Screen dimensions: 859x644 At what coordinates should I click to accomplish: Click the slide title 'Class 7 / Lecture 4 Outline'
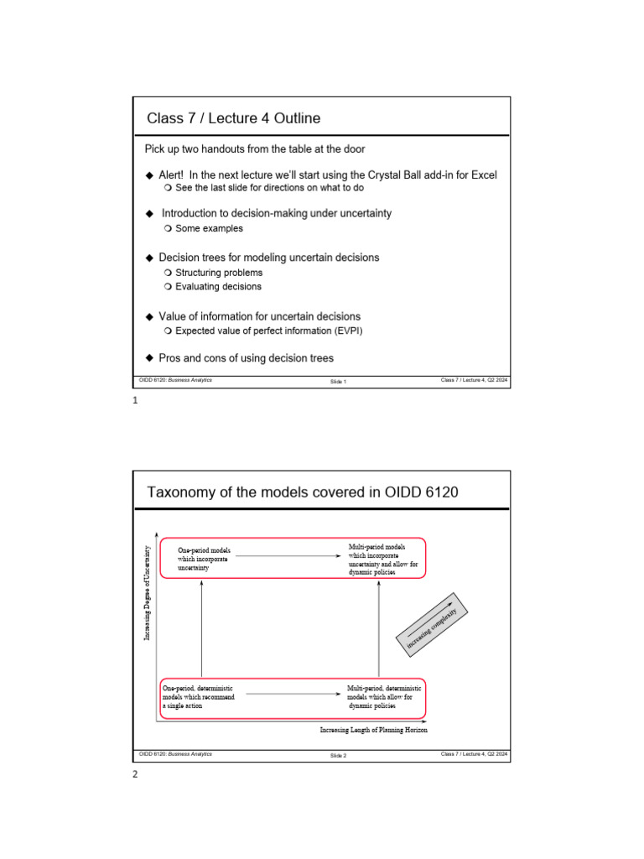click(233, 118)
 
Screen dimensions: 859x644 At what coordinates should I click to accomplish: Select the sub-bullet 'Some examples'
click(209, 228)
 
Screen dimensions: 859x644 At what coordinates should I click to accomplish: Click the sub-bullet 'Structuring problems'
click(218, 273)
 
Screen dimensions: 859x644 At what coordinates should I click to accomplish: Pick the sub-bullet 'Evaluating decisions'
click(218, 287)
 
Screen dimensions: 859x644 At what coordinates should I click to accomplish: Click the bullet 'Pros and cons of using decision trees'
click(246, 358)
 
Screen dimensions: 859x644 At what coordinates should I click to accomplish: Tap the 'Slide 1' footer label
click(339, 382)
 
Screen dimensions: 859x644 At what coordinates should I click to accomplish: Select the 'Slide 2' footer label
click(339, 755)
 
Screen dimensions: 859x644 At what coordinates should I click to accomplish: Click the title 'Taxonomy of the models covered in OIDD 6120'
click(303, 492)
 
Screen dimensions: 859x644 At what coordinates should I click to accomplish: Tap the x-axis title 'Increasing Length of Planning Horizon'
click(374, 730)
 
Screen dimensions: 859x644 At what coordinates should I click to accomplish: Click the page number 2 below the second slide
click(135, 774)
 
